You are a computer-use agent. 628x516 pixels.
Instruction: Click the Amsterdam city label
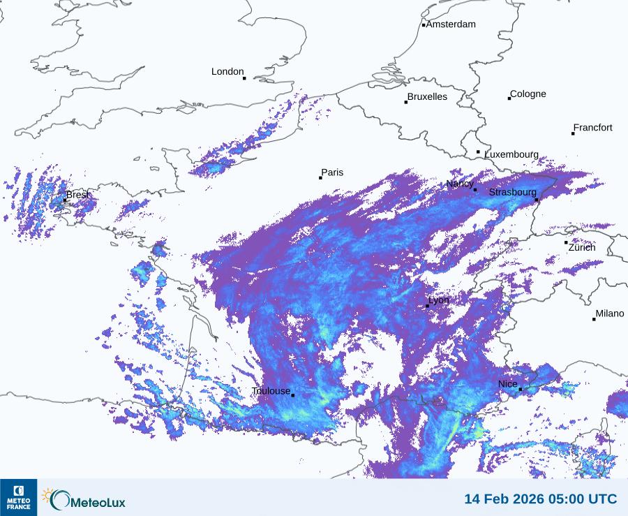pos(451,24)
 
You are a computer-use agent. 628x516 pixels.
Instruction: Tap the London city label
pos(227,71)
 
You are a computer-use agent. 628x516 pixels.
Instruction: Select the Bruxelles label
pos(428,97)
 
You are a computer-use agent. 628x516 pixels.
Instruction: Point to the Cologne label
pos(528,94)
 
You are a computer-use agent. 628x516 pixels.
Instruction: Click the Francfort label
pos(592,128)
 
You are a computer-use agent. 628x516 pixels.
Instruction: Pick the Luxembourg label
pos(511,154)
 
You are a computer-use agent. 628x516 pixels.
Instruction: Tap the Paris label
pos(332,173)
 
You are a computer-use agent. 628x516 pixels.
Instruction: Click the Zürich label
pos(582,248)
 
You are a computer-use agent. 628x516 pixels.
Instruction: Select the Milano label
pos(609,314)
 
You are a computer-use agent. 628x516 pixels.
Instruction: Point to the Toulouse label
pos(271,392)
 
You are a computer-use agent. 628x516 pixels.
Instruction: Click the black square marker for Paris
pos(321,177)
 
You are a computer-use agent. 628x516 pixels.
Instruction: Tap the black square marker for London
pos(244,78)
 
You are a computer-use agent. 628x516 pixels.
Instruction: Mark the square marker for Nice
pos(521,390)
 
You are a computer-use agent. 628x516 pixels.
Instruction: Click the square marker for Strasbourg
pos(537,200)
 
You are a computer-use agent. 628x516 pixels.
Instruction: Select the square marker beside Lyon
pos(427,306)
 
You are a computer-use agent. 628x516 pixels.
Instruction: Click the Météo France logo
pos(18,497)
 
